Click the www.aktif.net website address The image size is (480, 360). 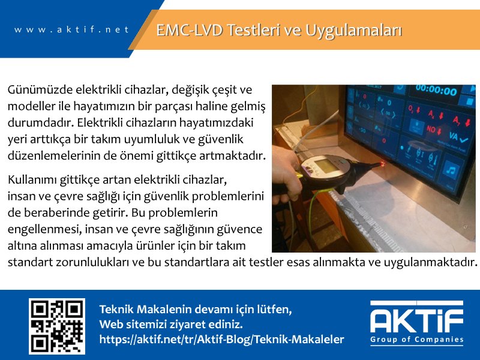(x=71, y=29)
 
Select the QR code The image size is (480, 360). (x=57, y=326)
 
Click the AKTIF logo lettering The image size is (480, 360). (x=416, y=317)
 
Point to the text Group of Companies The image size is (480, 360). (x=416, y=340)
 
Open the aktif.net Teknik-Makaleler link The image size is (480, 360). (x=221, y=340)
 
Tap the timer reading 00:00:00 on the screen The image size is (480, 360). (x=436, y=91)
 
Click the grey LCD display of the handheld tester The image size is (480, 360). (x=325, y=166)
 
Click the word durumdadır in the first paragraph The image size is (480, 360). (x=40, y=123)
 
